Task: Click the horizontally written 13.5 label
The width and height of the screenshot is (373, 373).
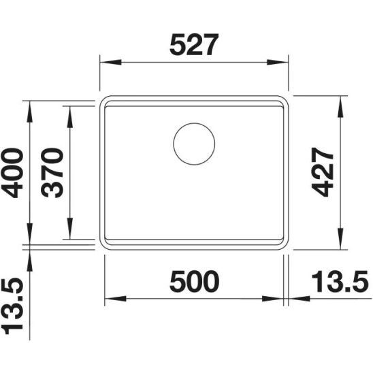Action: (x=338, y=280)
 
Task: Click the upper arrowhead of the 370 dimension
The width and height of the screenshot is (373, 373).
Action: (x=69, y=110)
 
